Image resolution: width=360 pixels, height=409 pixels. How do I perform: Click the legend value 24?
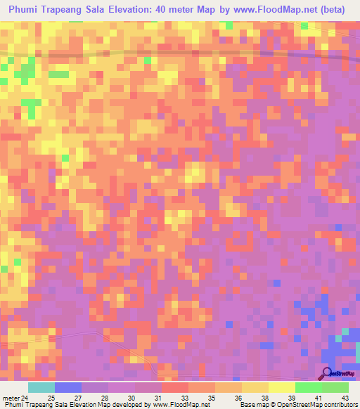point(25,397)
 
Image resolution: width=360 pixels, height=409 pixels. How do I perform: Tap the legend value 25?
point(51,397)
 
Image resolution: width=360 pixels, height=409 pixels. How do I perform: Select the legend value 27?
point(78,397)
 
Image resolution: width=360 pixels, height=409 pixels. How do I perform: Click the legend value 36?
point(238,397)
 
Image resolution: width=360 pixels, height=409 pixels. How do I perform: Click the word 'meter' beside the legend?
point(10,397)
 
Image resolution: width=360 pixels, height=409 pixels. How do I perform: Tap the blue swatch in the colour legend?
point(67,387)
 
